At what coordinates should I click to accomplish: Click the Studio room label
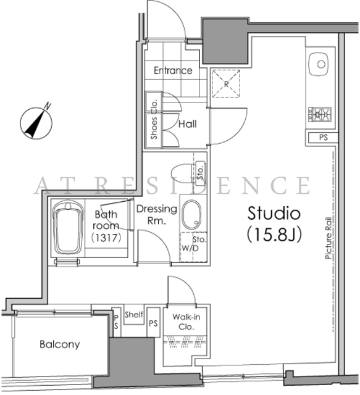click(274, 213)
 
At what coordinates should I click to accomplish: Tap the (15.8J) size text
click(274, 235)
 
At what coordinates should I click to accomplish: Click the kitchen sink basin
click(319, 64)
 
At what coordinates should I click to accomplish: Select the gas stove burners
click(320, 115)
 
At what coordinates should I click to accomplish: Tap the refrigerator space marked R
click(226, 83)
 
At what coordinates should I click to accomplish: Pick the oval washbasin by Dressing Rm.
click(191, 214)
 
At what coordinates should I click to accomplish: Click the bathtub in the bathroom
click(68, 228)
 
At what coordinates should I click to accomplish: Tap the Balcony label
click(60, 344)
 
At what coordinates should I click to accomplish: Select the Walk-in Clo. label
click(186, 322)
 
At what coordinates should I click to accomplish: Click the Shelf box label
click(134, 314)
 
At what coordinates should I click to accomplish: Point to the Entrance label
click(173, 70)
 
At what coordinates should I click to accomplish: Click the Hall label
click(188, 124)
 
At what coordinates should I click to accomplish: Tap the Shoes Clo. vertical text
click(154, 119)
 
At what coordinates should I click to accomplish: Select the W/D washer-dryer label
click(190, 248)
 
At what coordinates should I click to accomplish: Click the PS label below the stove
click(324, 138)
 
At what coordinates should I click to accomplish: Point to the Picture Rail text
click(329, 238)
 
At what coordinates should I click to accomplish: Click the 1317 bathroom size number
click(106, 238)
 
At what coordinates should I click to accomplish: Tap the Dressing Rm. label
click(157, 215)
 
